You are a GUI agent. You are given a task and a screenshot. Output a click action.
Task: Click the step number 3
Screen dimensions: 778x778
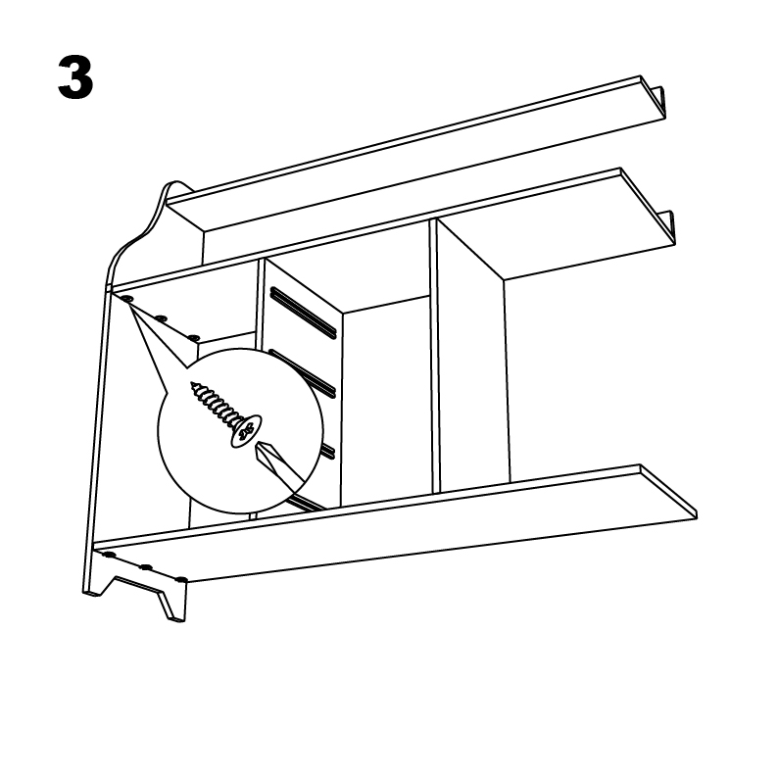point(75,77)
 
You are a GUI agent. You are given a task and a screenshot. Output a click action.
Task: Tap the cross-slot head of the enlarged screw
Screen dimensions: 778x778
point(246,430)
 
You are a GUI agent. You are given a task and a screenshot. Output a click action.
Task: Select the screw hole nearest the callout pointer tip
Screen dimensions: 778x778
point(126,299)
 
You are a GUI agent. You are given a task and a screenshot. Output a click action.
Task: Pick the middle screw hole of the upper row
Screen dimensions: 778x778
point(161,318)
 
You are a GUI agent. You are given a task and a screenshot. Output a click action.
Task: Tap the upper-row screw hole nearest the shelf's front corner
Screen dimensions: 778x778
point(193,338)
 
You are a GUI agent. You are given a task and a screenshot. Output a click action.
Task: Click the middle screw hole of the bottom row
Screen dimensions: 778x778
point(146,567)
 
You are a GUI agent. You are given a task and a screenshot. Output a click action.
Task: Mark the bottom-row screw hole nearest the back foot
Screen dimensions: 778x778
point(110,555)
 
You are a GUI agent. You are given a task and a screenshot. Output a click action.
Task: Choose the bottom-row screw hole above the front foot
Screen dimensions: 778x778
point(182,579)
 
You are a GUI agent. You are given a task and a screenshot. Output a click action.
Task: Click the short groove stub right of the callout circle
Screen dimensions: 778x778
point(327,451)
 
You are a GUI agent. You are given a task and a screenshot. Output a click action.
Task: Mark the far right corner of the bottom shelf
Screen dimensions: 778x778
point(696,516)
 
